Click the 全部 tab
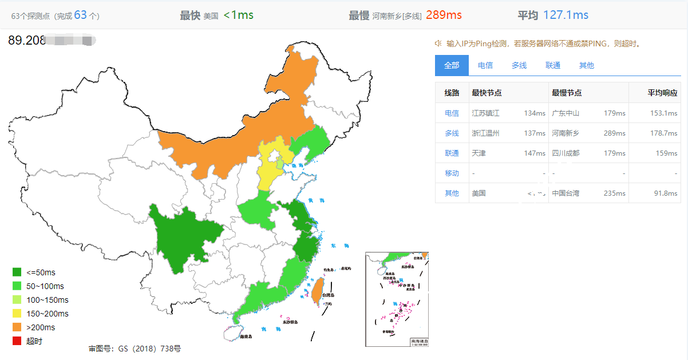[452, 65]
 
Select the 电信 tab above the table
[485, 65]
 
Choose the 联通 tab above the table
[553, 65]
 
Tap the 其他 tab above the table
[587, 65]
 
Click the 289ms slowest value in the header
[444, 15]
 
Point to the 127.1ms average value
[566, 15]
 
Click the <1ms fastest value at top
[238, 15]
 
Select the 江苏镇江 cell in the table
[485, 113]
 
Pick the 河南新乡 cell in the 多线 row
[565, 133]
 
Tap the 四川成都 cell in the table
[565, 153]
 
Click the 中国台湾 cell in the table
[565, 193]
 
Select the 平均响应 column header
[662, 93]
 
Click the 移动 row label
[452, 173]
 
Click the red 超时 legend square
[17, 341]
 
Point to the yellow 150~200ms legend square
[17, 314]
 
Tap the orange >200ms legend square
[17, 327]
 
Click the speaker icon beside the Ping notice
[438, 43]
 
